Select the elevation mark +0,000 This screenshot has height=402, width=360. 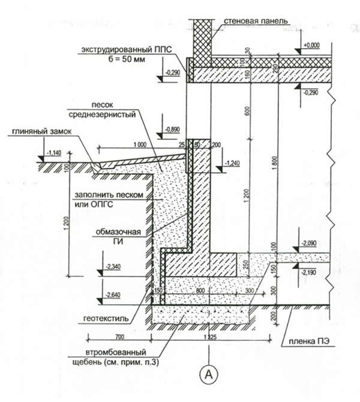pyautogui.click(x=313, y=45)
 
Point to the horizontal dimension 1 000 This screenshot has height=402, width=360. pyautogui.click(x=140, y=144)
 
